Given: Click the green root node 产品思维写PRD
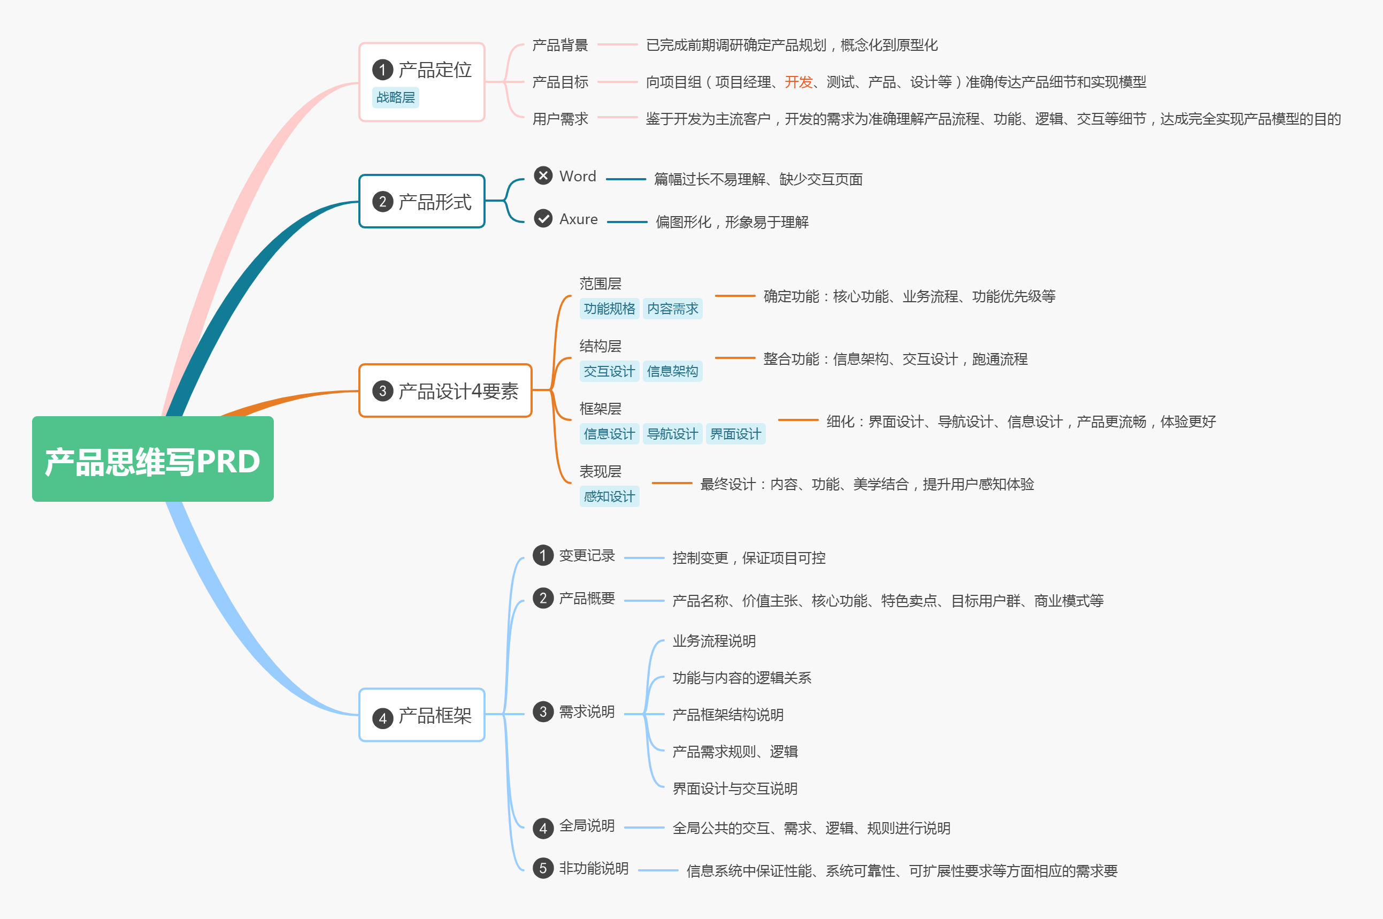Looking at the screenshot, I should [152, 459].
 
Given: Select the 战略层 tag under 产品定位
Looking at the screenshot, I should [396, 97].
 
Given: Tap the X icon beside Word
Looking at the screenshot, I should [543, 175].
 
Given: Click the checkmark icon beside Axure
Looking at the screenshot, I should [543, 219].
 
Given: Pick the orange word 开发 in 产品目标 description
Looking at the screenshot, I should [798, 82].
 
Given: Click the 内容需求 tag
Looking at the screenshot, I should [672, 309].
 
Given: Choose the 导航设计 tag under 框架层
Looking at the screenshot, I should [672, 434].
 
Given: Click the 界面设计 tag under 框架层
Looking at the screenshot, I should [735, 434].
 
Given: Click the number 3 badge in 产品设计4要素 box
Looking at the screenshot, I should [383, 391].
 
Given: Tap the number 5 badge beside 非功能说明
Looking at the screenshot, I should [543, 868].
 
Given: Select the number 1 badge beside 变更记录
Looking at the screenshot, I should [543, 555].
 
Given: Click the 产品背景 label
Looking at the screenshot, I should [559, 45].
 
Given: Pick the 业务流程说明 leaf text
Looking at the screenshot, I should [714, 641].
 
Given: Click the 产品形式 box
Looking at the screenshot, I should [422, 202].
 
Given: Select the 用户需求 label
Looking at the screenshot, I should [559, 119].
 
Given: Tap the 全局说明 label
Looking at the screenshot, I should [587, 826].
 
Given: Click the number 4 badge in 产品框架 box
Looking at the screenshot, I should [383, 718].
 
